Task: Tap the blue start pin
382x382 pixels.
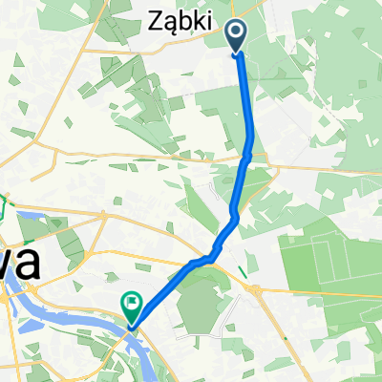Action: point(236,36)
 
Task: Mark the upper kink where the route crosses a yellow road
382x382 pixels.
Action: point(247,153)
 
